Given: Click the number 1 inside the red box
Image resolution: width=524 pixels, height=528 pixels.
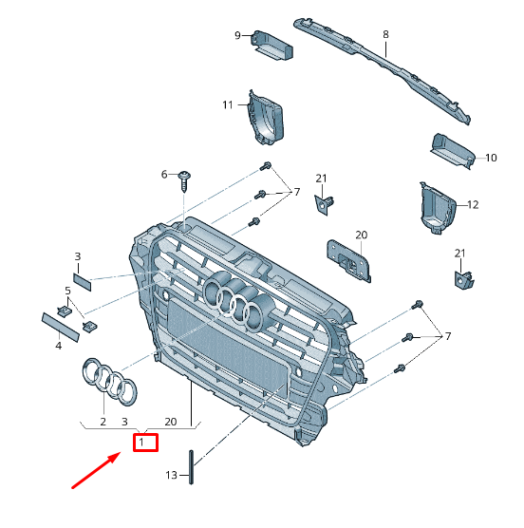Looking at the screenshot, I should pyautogui.click(x=143, y=442).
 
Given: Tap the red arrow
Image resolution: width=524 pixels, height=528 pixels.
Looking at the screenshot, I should pyautogui.click(x=96, y=471).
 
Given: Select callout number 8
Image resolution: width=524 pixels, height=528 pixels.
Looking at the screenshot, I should pyautogui.click(x=386, y=34).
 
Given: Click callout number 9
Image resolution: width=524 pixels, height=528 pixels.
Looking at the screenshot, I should pyautogui.click(x=238, y=36).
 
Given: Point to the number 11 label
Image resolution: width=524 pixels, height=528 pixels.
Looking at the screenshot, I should pyautogui.click(x=228, y=104).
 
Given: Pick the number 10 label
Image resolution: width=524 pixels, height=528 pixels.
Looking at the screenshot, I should pyautogui.click(x=491, y=158).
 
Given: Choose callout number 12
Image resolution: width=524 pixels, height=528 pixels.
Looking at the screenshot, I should pyautogui.click(x=473, y=204).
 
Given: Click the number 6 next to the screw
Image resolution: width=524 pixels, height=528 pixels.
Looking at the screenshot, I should pyautogui.click(x=164, y=174).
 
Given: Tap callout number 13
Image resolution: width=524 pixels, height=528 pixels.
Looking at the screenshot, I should pyautogui.click(x=172, y=474).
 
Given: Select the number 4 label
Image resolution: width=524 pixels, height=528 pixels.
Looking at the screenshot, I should pyautogui.click(x=58, y=346).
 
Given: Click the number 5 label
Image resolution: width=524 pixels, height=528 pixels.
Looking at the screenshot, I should pyautogui.click(x=68, y=290).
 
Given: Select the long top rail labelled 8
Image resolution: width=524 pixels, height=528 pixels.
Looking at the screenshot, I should pyautogui.click(x=380, y=67).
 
